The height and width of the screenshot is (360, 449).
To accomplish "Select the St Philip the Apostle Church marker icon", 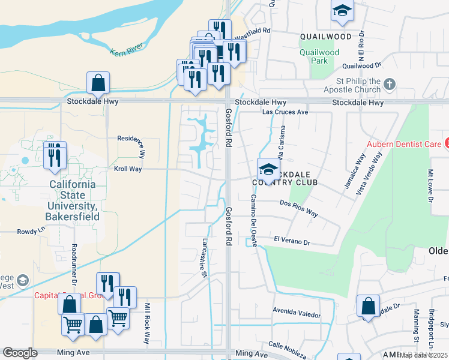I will click(390, 84).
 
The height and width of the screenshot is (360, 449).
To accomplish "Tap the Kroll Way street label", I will click(128, 169).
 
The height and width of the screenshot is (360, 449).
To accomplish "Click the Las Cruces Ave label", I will click(285, 112).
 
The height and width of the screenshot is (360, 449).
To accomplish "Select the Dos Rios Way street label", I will click(299, 208).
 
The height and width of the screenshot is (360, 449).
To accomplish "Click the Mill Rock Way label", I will click(145, 323).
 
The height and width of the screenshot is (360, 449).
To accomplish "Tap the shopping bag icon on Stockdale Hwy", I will click(98, 82).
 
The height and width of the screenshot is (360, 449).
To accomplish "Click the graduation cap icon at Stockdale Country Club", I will click(268, 168).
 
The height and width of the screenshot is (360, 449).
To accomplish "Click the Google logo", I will click(20, 353).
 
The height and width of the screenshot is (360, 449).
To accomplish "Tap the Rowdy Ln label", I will click(31, 230).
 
